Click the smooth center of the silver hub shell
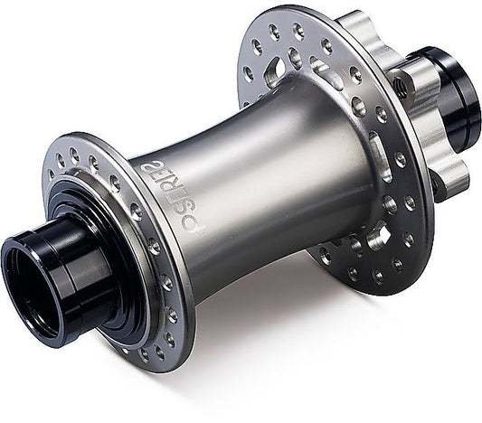point(271,181)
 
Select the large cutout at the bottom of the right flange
point(378,237)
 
